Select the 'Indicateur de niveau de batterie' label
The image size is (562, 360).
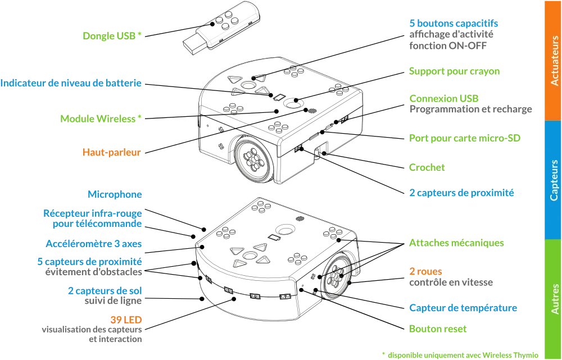tap(71, 84)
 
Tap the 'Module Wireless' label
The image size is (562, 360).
tap(101, 119)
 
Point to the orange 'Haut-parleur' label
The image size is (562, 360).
tap(112, 152)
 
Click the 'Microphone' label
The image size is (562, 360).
tap(115, 194)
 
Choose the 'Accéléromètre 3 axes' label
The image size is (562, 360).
tap(94, 244)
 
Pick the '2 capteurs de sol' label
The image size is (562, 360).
tap(105, 290)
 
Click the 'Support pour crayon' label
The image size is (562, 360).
tap(455, 71)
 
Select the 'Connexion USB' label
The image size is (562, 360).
tap(445, 98)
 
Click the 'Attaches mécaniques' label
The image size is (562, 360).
tap(458, 243)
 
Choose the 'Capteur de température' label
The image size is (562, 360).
tap(463, 308)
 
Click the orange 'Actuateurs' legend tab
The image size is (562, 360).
tap(554, 60)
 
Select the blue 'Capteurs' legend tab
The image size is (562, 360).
tap(554, 180)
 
